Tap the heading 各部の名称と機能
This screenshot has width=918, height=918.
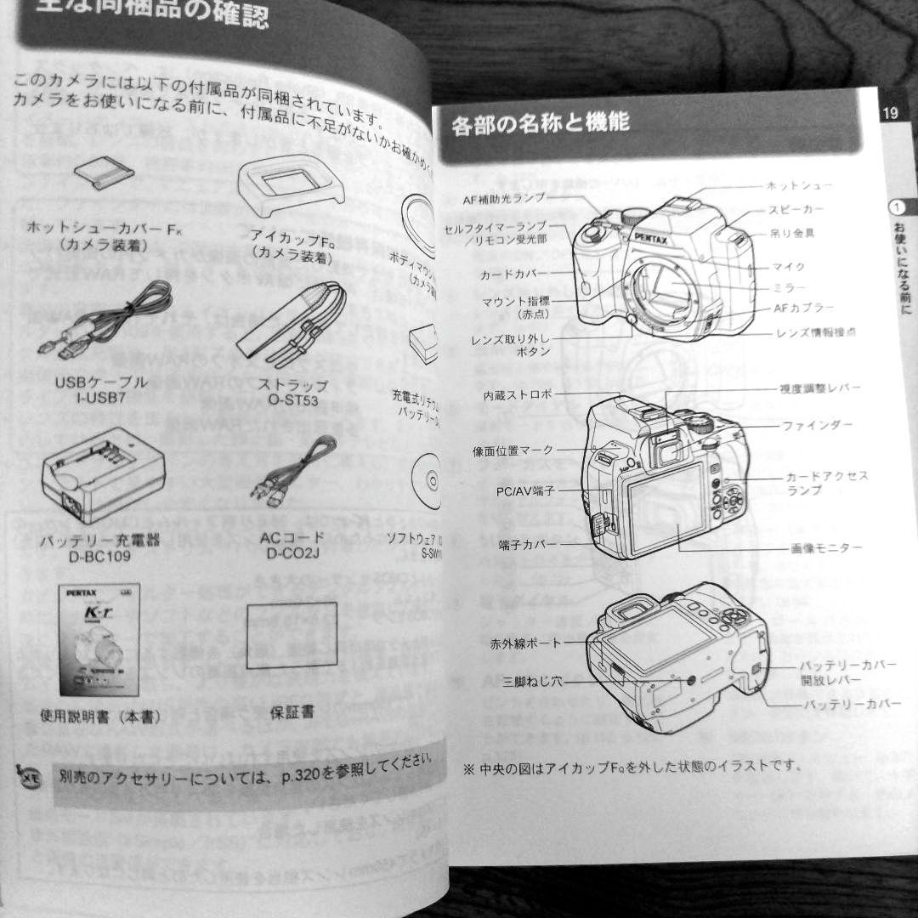point(541,124)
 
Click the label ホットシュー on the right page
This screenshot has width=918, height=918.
point(799,184)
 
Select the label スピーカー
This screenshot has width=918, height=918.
point(796,209)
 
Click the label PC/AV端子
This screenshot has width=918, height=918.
point(525,491)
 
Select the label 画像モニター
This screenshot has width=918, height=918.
point(826,548)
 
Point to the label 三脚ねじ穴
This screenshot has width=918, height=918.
point(532,680)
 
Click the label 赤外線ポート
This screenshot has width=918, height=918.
point(525,644)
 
